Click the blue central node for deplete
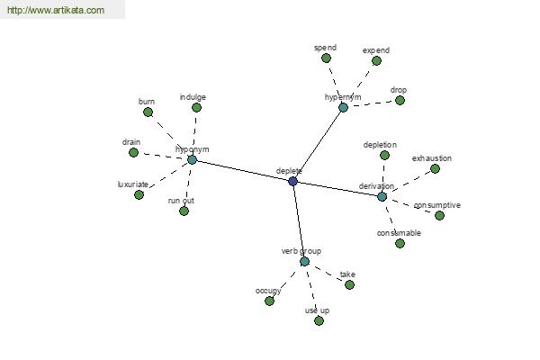pyautogui.click(x=292, y=181)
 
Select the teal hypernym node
pyautogui.click(x=344, y=107)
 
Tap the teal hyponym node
pyautogui.click(x=192, y=159)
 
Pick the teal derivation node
pyautogui.click(x=382, y=197)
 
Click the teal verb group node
pyautogui.click(x=304, y=262)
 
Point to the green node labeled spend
pyautogui.click(x=326, y=58)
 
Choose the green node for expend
pyautogui.click(x=376, y=61)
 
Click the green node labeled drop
pyautogui.click(x=400, y=100)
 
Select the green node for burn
pyautogui.click(x=148, y=112)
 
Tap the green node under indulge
pyautogui.click(x=196, y=108)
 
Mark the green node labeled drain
pyautogui.click(x=133, y=152)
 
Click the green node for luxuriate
pyautogui.click(x=139, y=194)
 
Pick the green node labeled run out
pyautogui.click(x=184, y=211)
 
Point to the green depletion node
pyautogui.click(x=384, y=156)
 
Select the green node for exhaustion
pyautogui.click(x=436, y=169)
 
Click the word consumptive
pyautogui.click(x=437, y=205)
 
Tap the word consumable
pyautogui.click(x=399, y=233)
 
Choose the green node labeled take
pyautogui.click(x=349, y=285)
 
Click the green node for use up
pyautogui.click(x=319, y=321)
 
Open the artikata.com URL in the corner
pyautogui.click(x=56, y=10)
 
